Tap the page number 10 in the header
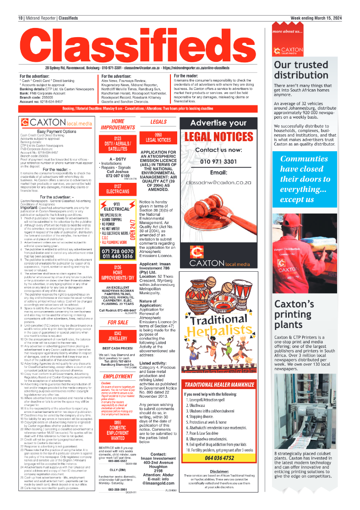point(21,18)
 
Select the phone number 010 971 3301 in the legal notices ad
point(218,161)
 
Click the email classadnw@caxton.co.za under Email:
point(218,182)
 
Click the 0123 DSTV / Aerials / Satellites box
point(118,143)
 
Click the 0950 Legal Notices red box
point(158,137)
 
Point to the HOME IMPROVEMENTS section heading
point(118,124)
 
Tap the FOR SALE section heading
point(118,310)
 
